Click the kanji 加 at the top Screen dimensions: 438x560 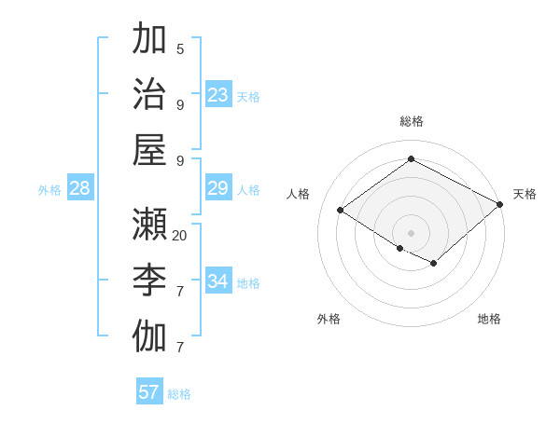(149, 39)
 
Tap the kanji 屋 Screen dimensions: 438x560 (149, 149)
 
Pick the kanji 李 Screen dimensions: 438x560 (149, 281)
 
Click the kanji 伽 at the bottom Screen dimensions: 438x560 (149, 336)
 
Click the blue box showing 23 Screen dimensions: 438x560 (218, 95)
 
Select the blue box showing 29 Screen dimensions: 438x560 (218, 188)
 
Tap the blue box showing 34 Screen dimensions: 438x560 (218, 281)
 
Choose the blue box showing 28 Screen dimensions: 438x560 (80, 189)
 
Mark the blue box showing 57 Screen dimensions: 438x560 (149, 392)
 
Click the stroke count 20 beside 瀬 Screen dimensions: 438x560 (180, 236)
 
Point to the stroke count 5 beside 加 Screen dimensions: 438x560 (180, 48)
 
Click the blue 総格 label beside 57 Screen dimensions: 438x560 (179, 394)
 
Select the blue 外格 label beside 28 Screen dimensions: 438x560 (49, 190)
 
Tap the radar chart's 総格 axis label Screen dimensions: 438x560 (412, 121)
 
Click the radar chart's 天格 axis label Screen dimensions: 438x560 (525, 194)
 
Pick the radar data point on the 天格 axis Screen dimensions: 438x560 (499, 204)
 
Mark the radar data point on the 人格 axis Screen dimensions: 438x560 (341, 211)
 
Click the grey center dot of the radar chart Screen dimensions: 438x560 (411, 232)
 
